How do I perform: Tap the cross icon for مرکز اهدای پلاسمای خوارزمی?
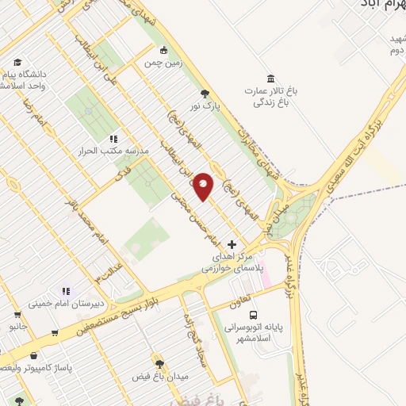tap(232, 244)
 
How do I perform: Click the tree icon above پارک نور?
tap(206, 92)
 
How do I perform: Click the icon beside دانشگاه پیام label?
tap(17, 61)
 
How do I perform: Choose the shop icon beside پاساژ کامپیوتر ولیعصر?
tap(33, 357)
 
